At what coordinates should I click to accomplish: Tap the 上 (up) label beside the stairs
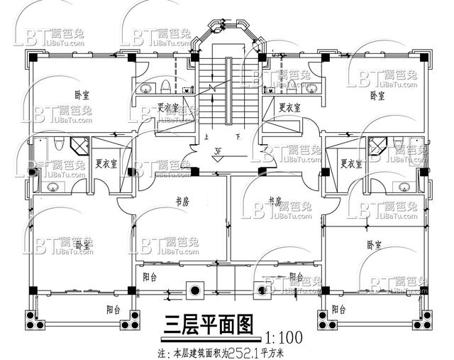click(206, 136)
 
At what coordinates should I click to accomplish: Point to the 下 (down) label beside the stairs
click(238, 136)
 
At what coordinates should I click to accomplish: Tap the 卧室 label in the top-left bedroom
click(82, 94)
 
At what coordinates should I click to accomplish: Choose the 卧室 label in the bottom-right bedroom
click(375, 244)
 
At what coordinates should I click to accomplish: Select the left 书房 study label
click(182, 201)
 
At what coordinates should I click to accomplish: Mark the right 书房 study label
click(275, 200)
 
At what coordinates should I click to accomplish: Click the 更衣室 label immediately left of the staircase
click(168, 108)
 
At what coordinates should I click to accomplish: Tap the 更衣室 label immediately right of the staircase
click(289, 108)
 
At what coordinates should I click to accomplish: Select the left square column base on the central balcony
click(194, 289)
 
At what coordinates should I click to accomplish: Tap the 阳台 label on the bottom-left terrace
click(113, 309)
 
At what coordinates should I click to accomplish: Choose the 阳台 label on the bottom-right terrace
click(339, 310)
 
